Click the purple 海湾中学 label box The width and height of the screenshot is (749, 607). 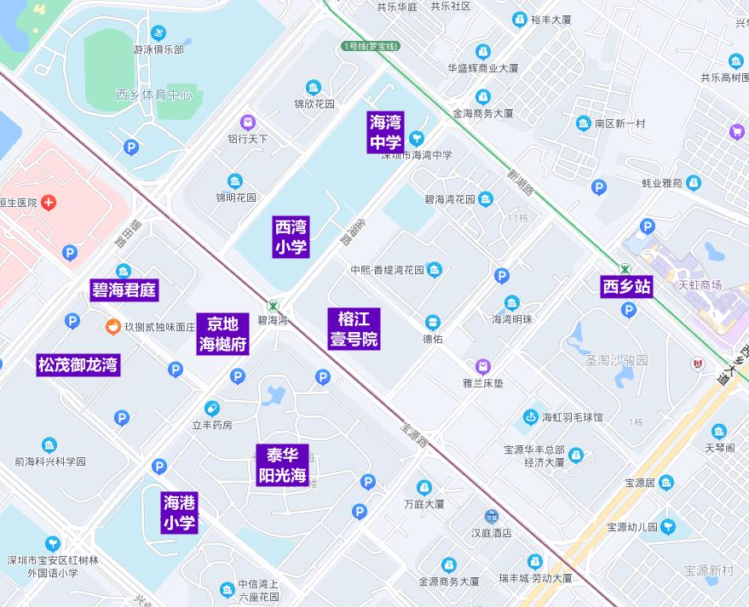point(386,132)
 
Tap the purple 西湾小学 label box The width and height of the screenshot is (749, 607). point(291,237)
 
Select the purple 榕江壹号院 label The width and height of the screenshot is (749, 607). point(354,329)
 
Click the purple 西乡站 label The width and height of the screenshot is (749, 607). point(626,287)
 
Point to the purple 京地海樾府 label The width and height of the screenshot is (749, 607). point(223,334)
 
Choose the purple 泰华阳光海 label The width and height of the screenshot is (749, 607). point(281,465)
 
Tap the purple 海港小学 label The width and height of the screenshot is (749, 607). point(179,513)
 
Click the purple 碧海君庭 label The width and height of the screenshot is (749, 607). point(124,290)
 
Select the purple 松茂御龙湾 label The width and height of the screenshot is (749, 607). point(78,365)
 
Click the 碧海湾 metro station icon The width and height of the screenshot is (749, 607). point(273,306)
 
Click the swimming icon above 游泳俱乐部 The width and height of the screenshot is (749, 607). point(158,33)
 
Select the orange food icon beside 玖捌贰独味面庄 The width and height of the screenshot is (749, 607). point(112,326)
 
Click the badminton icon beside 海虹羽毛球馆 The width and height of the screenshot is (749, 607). point(530,417)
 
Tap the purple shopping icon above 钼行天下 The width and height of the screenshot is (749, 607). point(247,123)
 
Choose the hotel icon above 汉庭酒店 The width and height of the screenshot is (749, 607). point(492,517)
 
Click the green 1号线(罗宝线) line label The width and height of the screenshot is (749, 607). point(369,46)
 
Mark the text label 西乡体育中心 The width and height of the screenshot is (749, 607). point(154,94)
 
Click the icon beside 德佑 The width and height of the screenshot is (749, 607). point(433,322)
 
